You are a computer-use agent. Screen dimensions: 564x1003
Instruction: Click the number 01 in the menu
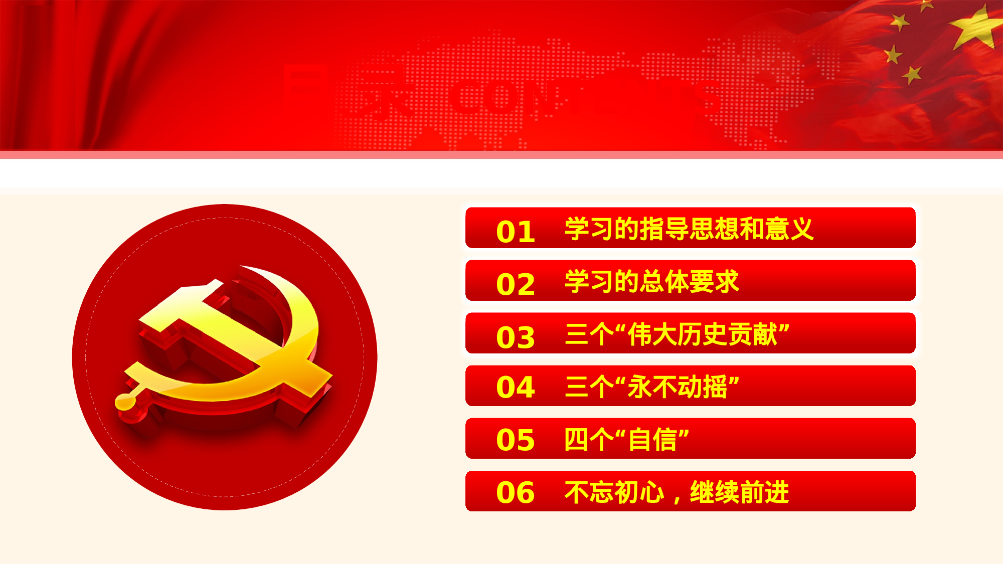(x=515, y=232)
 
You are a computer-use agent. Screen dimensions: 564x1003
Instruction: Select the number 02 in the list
(x=515, y=284)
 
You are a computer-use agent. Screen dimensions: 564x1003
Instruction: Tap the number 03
(x=515, y=337)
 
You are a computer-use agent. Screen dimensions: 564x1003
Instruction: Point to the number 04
(x=515, y=387)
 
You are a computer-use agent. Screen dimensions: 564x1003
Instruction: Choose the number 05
(x=515, y=440)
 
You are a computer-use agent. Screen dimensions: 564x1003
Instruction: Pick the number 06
(x=515, y=492)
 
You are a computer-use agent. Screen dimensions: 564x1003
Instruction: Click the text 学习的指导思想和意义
(x=689, y=229)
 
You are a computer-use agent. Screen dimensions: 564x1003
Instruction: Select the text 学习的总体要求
(x=651, y=282)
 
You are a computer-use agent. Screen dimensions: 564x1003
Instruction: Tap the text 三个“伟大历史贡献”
(x=677, y=334)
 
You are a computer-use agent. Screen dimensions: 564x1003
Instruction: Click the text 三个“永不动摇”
(x=651, y=387)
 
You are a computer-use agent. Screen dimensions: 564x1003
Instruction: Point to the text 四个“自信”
(x=626, y=440)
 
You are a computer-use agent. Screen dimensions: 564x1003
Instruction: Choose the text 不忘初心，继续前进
(x=677, y=492)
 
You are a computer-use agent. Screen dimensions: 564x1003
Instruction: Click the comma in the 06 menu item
(x=677, y=499)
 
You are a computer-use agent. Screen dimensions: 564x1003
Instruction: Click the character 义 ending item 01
(x=801, y=229)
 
